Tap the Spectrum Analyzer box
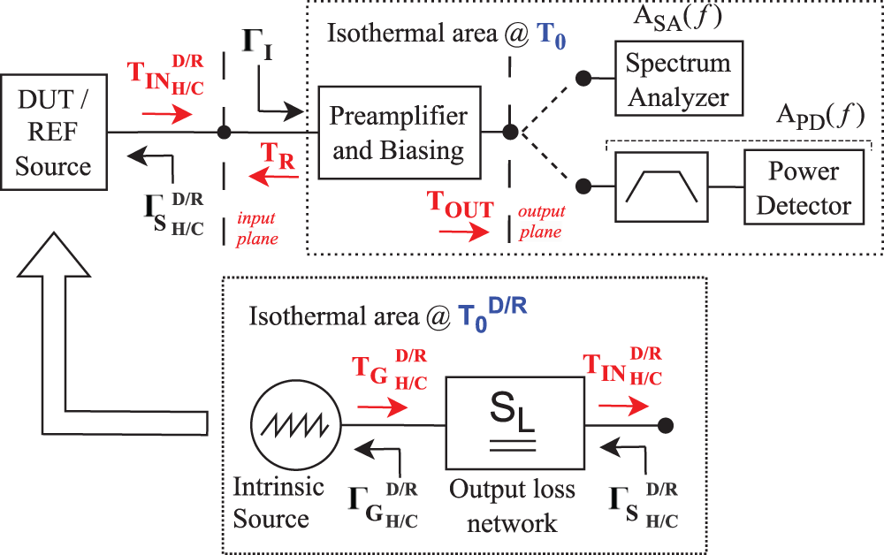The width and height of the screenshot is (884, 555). point(679,78)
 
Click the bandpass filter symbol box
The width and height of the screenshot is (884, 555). point(661,187)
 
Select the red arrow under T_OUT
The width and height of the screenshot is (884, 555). point(461,234)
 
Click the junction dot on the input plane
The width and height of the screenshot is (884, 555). point(225,133)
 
